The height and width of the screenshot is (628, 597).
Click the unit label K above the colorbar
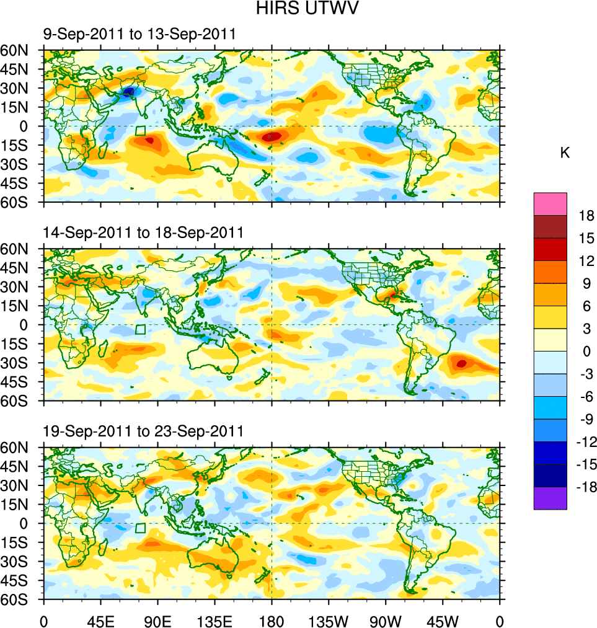[565, 153]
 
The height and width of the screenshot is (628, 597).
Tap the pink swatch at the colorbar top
[550, 203]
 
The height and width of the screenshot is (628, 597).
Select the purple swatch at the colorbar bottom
[550, 498]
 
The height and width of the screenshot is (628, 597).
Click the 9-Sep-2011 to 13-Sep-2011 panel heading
[139, 34]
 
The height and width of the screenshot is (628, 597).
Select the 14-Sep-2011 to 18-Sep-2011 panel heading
[143, 232]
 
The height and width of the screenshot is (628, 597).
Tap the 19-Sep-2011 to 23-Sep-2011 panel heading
[143, 431]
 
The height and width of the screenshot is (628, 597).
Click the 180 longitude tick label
[272, 620]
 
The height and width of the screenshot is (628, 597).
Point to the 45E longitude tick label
[100, 620]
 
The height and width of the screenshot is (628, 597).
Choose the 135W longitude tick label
[329, 620]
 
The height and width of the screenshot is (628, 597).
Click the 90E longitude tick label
[157, 620]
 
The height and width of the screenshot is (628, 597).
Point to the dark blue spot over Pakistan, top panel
[128, 92]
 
